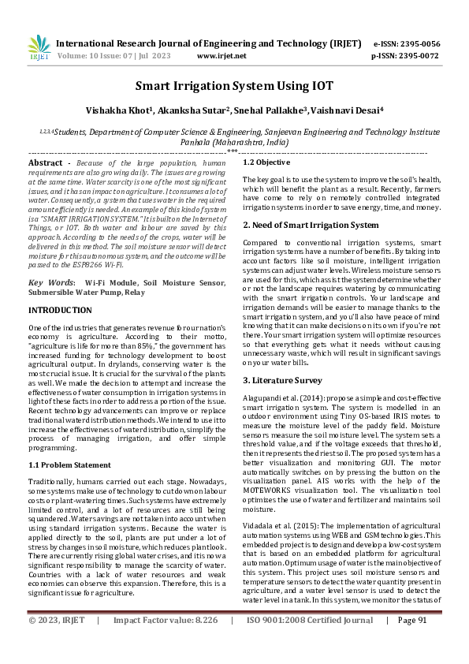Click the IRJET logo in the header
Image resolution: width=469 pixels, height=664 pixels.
(39, 48)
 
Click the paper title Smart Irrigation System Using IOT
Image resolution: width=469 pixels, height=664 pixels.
(234, 86)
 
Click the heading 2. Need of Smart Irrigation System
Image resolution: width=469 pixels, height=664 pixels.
(311, 225)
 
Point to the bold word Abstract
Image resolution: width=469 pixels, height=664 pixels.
(45, 162)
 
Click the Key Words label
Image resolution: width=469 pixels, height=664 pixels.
(52, 282)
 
